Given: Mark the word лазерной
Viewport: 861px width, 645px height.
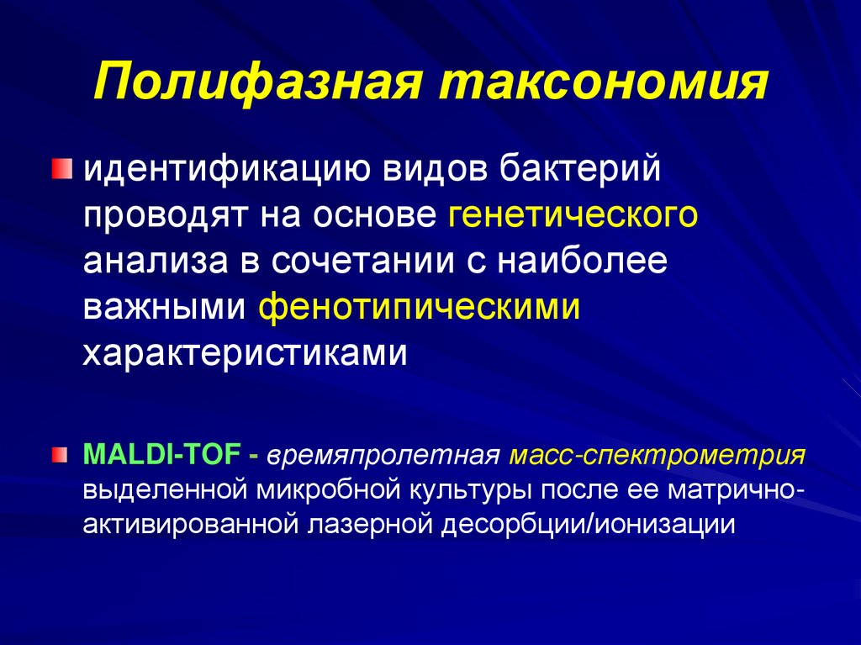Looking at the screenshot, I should click(x=368, y=524).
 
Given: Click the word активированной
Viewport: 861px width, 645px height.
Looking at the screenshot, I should click(x=190, y=524).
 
